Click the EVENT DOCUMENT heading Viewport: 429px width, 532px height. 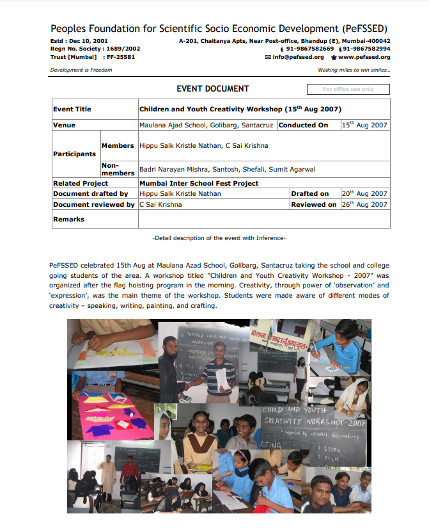(213, 89)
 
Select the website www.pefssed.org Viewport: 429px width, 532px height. (364, 57)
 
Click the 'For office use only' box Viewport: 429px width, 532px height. (348, 90)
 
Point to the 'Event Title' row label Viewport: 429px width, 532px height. (72, 109)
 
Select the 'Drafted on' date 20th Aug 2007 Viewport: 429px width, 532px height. (364, 193)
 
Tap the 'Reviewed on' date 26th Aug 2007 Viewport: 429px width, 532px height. (364, 205)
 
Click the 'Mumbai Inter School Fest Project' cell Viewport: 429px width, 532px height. (199, 184)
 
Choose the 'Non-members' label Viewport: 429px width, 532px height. (118, 169)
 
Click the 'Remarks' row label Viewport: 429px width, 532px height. (68, 220)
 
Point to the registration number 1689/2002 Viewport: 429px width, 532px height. (123, 49)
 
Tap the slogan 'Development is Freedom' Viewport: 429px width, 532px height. (81, 70)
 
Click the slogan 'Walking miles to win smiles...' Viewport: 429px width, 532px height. (354, 70)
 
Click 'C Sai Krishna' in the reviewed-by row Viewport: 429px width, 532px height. (160, 205)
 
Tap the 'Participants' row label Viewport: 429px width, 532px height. (74, 154)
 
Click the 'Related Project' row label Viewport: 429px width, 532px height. (80, 184)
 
